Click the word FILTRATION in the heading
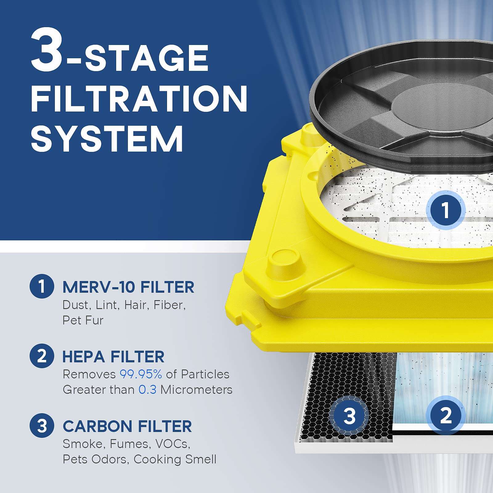pyautogui.click(x=139, y=99)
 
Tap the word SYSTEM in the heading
pyautogui.click(x=107, y=139)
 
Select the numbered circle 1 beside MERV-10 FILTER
pyautogui.click(x=42, y=286)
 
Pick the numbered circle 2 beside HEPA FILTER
pyautogui.click(x=42, y=356)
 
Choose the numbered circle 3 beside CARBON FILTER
pyautogui.click(x=42, y=426)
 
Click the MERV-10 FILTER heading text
pyautogui.click(x=128, y=287)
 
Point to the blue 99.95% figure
pyautogui.click(x=141, y=374)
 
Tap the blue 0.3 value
pyautogui.click(x=147, y=390)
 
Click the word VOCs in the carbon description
pyautogui.click(x=173, y=444)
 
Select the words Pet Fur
pyautogui.click(x=83, y=320)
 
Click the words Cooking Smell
pyautogui.click(x=175, y=459)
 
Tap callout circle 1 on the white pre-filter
pyautogui.click(x=445, y=210)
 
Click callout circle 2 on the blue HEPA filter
pyautogui.click(x=446, y=415)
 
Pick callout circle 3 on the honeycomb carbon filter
pyautogui.click(x=349, y=416)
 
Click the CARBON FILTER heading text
pyautogui.click(x=127, y=426)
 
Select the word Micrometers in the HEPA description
pyautogui.click(x=196, y=390)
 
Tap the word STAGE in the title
pyautogui.click(x=147, y=58)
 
